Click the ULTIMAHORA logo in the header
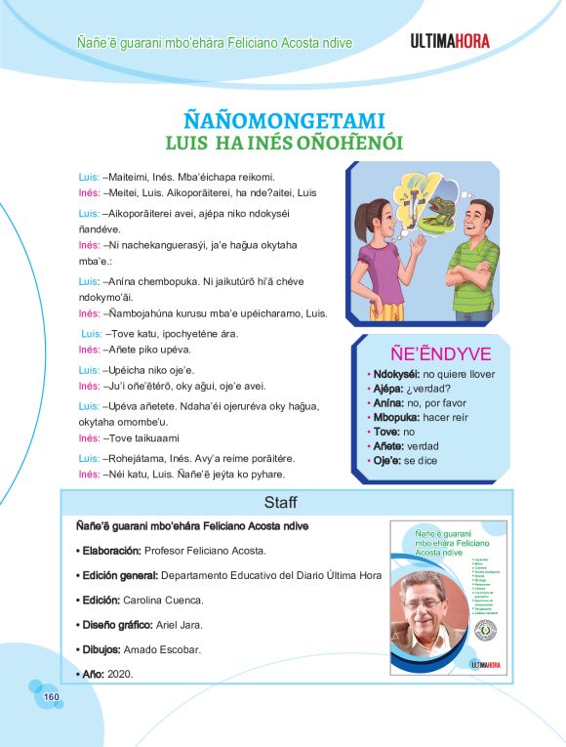449,41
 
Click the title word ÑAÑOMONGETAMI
283,119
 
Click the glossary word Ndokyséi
392,375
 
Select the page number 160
52,696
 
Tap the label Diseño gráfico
114,624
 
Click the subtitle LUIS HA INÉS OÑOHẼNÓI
284,144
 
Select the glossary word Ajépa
383,389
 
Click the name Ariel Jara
181,624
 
